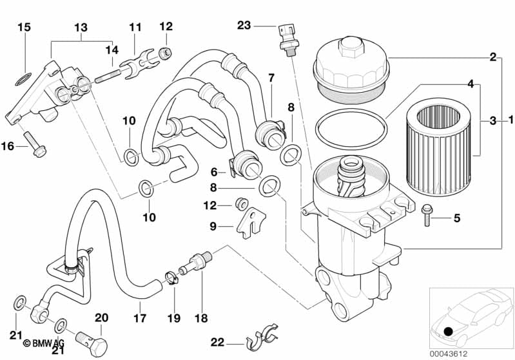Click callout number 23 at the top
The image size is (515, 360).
click(x=244, y=26)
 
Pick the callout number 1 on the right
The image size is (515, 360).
click(x=510, y=120)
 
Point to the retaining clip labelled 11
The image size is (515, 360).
click(x=139, y=64)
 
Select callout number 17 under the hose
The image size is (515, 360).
click(x=140, y=318)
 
